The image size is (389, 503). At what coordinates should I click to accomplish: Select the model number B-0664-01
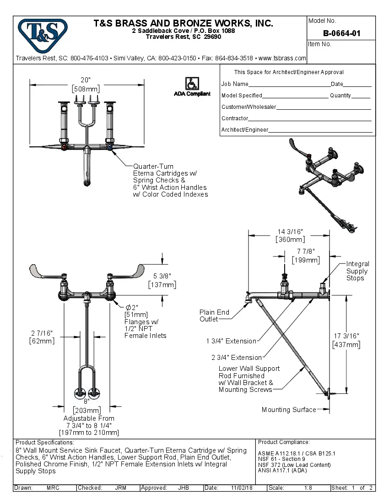pyautogui.click(x=341, y=33)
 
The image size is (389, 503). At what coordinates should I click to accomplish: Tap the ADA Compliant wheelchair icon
pyautogui.click(x=192, y=83)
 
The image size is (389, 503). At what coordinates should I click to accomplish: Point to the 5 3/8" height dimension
pyautogui.click(x=162, y=276)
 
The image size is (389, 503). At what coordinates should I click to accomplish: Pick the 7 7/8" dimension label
pyautogui.click(x=306, y=251)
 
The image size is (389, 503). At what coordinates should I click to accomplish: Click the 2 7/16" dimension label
pyautogui.click(x=42, y=333)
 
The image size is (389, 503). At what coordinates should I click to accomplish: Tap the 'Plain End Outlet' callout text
pyautogui.click(x=214, y=316)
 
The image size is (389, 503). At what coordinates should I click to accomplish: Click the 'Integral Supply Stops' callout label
pyautogui.click(x=357, y=271)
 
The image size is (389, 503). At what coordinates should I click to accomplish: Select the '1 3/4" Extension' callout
pyautogui.click(x=231, y=341)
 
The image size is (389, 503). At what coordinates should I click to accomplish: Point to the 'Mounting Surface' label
pyautogui.click(x=288, y=410)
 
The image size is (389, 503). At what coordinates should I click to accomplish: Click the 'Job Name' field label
pyautogui.click(x=235, y=84)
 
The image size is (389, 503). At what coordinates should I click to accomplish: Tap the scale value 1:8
pyautogui.click(x=308, y=488)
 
